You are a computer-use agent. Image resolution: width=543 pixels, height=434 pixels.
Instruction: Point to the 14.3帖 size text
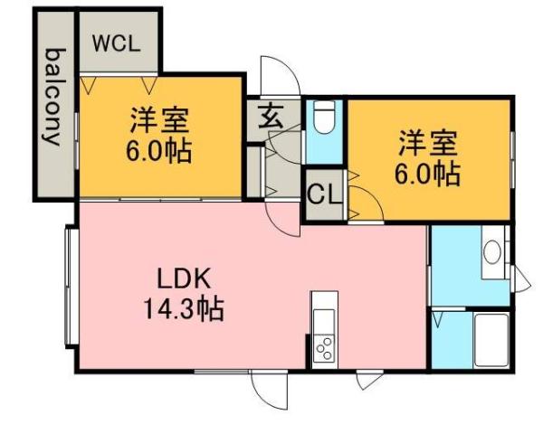tap(182, 309)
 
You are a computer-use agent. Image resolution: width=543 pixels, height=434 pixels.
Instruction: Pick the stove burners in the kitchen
tap(322, 349)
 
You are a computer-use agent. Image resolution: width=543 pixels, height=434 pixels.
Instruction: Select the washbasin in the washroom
tap(492, 251)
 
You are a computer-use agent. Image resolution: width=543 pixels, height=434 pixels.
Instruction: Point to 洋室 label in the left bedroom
tap(158, 120)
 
